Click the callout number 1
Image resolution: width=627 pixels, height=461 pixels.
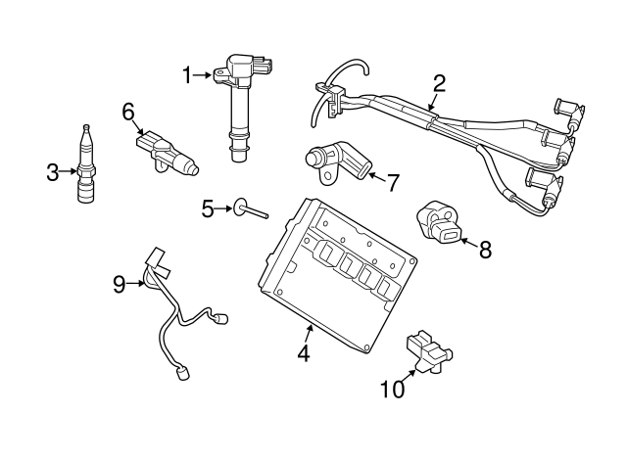186,74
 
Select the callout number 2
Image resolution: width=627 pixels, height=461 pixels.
439,83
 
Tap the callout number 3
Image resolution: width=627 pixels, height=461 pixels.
53,174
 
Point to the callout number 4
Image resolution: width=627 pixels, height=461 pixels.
304,354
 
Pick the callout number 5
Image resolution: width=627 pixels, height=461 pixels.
208,207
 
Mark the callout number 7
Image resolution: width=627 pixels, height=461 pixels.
393,182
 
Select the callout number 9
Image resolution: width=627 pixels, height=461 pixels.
120,284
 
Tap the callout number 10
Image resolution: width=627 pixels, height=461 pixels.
392,390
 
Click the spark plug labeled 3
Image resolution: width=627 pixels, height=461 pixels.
87,168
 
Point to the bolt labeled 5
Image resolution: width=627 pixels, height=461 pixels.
249,210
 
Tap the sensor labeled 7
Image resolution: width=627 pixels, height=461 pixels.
333,161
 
